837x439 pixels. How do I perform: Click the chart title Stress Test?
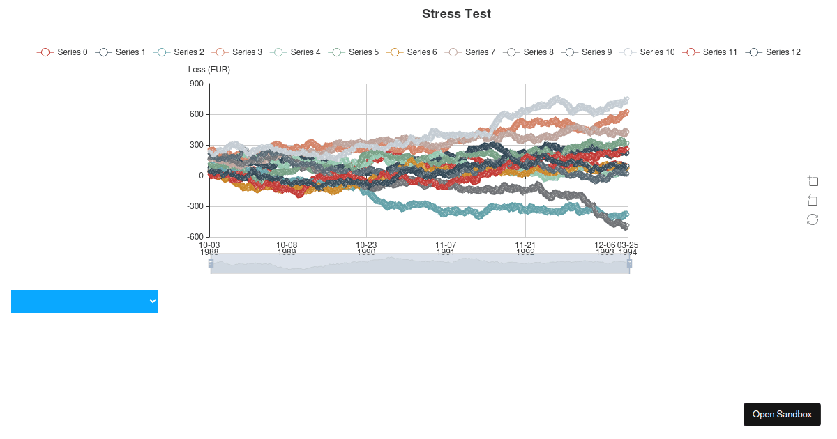(456, 14)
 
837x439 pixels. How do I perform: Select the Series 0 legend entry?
(63, 52)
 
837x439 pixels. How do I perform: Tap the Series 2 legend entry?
(179, 52)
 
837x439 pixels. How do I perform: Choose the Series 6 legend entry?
(412, 52)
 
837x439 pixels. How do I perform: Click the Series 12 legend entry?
(773, 52)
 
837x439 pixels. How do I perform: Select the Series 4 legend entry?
(296, 52)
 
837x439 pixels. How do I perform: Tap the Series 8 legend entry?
(529, 52)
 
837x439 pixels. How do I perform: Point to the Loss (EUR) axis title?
(209, 70)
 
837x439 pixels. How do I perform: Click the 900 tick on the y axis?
(197, 84)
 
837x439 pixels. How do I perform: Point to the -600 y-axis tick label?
(195, 237)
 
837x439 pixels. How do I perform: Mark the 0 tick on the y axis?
(201, 176)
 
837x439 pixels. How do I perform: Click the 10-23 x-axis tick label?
(366, 245)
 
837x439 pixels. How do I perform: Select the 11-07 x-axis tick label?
(446, 245)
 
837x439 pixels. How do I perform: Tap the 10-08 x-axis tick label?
(287, 245)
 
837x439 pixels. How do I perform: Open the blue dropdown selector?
(84, 301)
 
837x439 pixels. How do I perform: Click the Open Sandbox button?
(782, 415)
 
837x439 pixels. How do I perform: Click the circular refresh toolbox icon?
(813, 219)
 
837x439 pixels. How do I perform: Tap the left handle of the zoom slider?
(211, 263)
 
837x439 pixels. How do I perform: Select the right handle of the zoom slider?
(629, 263)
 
